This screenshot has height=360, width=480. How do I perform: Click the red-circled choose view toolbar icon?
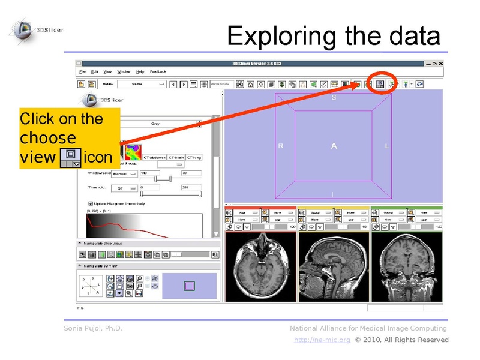[x=379, y=84]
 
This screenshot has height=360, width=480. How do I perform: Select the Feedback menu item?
[x=158, y=71]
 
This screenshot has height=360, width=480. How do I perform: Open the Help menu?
[x=140, y=71]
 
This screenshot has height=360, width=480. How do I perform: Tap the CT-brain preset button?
[x=176, y=157]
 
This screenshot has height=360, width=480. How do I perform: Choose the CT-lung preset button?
[x=194, y=157]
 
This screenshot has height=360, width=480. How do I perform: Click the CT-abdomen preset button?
[x=154, y=157]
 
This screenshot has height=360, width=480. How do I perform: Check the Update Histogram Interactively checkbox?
[x=90, y=203]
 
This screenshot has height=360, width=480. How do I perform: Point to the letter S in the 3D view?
[x=334, y=98]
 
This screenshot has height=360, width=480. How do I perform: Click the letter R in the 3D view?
[x=280, y=146]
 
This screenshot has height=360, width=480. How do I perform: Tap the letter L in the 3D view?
[x=387, y=146]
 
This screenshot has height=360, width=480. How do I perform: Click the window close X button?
[x=441, y=64]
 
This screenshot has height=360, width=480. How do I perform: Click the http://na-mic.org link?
[x=322, y=340]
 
